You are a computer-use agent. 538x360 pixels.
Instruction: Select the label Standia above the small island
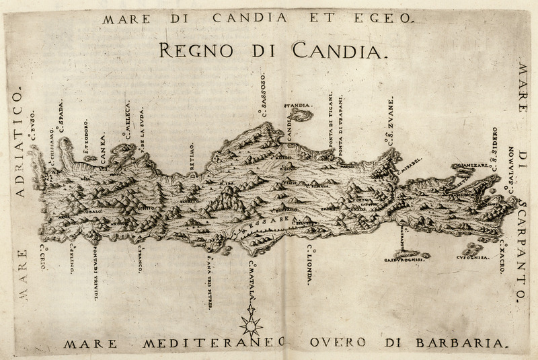(x=297, y=106)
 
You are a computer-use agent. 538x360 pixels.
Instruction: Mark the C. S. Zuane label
(x=388, y=127)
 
